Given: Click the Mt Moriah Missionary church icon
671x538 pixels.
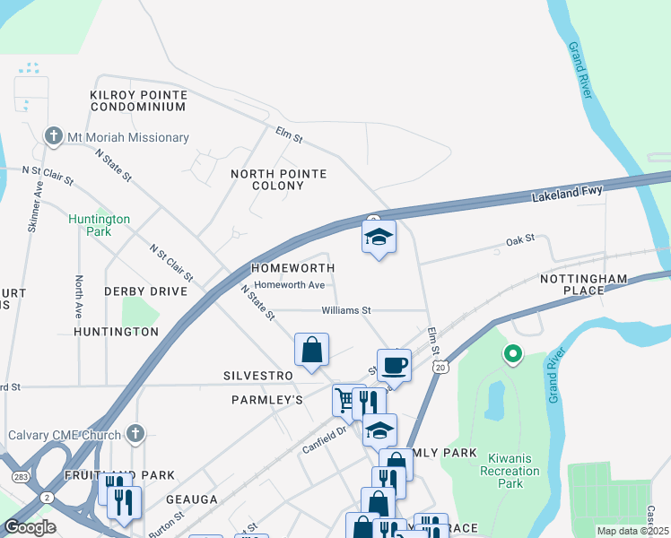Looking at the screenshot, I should [x=54, y=137].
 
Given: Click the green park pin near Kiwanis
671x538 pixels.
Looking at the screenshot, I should [x=512, y=356].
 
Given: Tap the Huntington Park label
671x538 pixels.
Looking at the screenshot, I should [x=100, y=225].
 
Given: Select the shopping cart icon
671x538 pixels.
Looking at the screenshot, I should [x=346, y=399].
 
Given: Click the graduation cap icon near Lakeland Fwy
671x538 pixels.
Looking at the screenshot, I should [x=379, y=238].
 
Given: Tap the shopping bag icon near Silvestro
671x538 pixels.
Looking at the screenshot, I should [x=311, y=350].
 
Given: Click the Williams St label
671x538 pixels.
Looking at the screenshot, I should [x=347, y=310].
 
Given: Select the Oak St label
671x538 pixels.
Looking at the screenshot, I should [x=519, y=239].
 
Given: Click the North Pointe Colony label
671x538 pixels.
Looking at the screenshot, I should [x=279, y=179].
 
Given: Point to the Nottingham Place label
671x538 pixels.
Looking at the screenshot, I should [x=583, y=285].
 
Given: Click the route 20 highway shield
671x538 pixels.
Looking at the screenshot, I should [x=440, y=367].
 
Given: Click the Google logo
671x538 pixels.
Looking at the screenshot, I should [x=30, y=527].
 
